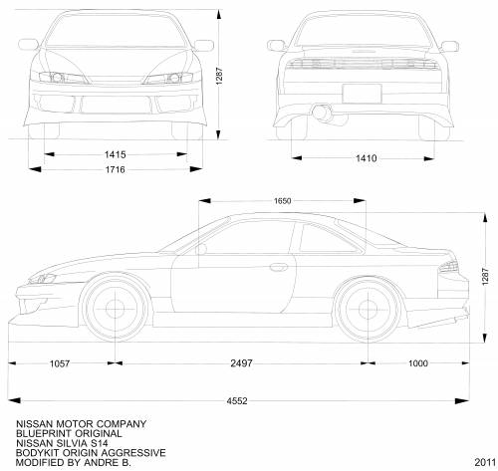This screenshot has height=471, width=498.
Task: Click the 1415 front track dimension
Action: point(116,154)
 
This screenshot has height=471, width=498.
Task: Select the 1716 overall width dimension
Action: point(116,170)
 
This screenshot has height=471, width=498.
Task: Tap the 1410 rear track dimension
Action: point(367,158)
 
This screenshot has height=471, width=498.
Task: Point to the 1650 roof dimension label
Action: point(282,201)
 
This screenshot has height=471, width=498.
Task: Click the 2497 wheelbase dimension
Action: point(241,363)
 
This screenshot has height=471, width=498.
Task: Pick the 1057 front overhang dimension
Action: point(60,363)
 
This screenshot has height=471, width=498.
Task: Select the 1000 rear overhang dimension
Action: point(418,363)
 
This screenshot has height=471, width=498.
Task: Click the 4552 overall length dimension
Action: point(237,401)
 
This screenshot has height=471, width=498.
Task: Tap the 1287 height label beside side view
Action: point(485,277)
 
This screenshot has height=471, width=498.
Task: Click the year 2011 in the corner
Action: point(485,462)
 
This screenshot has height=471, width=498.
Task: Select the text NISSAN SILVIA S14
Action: point(62,443)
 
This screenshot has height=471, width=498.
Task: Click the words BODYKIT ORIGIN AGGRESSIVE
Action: point(91,453)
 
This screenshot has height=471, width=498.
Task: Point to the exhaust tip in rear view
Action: point(322,113)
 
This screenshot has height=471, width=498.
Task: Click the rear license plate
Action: point(362,94)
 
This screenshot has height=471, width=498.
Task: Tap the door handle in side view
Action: point(279,267)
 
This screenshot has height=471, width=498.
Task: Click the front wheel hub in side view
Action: point(116,309)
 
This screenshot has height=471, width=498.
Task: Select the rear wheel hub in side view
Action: point(368,310)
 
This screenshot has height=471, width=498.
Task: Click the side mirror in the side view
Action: point(201,249)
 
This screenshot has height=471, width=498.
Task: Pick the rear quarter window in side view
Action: point(327,238)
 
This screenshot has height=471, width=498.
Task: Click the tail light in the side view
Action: point(449,266)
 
